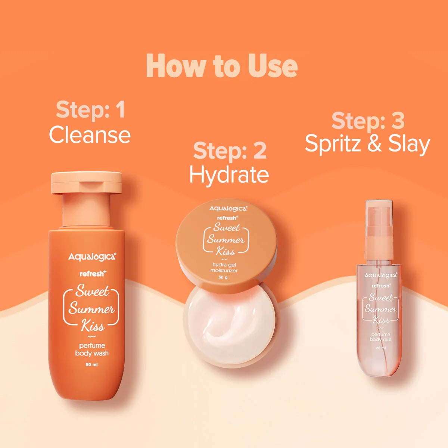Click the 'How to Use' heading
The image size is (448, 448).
coord(222,66)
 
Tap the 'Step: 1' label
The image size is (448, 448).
coord(90,110)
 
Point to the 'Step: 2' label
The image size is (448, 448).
coord(230,150)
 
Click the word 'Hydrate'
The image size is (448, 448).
coord(229,175)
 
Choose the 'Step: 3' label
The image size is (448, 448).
coord(368,121)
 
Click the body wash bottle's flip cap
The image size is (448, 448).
coord(87,183)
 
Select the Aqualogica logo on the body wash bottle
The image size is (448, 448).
coord(92,257)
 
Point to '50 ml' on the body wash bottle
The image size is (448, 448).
coord(91,365)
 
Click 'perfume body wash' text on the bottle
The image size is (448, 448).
coord(92,349)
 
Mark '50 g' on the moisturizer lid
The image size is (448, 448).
coord(223,277)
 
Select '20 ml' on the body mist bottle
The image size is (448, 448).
coord(381,348)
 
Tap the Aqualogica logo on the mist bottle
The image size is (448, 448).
coord(380,275)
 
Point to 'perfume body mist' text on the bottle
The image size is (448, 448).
coord(380,337)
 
